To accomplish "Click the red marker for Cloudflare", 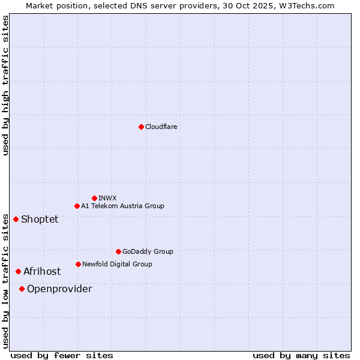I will pos(141,127).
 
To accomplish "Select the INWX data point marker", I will pos(94,198).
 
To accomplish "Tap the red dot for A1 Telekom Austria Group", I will pos(77,206).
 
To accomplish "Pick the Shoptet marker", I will pos(16,219).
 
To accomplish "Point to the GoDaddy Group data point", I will pos(118,251).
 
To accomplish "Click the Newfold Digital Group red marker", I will pos(78,264).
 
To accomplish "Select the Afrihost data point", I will pos(18,271).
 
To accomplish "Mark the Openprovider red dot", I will pos(22,289).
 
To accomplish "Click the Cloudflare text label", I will pos(161,127).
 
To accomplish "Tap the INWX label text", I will pos(107,198).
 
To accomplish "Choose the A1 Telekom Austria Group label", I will pos(122,206).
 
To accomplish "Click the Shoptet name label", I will pos(40,219).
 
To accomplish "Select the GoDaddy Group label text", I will pos(148,251).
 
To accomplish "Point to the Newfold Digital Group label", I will pos(117,264).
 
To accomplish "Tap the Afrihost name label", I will pos(42,271).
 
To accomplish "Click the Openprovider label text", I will pos(59,289).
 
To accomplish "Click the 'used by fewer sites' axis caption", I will pos(62,355).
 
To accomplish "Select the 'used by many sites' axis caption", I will pos(301,355).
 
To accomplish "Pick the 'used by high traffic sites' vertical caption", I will pos(6,85).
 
